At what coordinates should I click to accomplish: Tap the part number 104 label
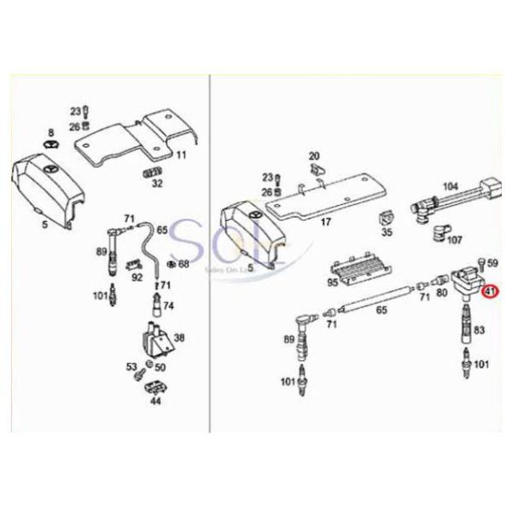tap(450, 185)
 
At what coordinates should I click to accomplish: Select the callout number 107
tap(455, 240)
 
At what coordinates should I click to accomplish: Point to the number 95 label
tap(333, 281)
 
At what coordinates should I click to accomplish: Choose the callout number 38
tap(179, 337)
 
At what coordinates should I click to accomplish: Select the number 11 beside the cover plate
tap(181, 155)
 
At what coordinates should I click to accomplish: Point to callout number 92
tap(137, 276)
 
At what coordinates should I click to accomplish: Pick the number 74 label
tap(168, 305)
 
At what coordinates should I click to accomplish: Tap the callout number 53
tap(131, 366)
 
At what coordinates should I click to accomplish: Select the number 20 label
tap(313, 156)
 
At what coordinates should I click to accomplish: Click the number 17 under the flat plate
tap(325, 224)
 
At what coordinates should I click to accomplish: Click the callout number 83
tap(480, 329)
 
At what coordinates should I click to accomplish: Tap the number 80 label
tap(441, 292)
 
